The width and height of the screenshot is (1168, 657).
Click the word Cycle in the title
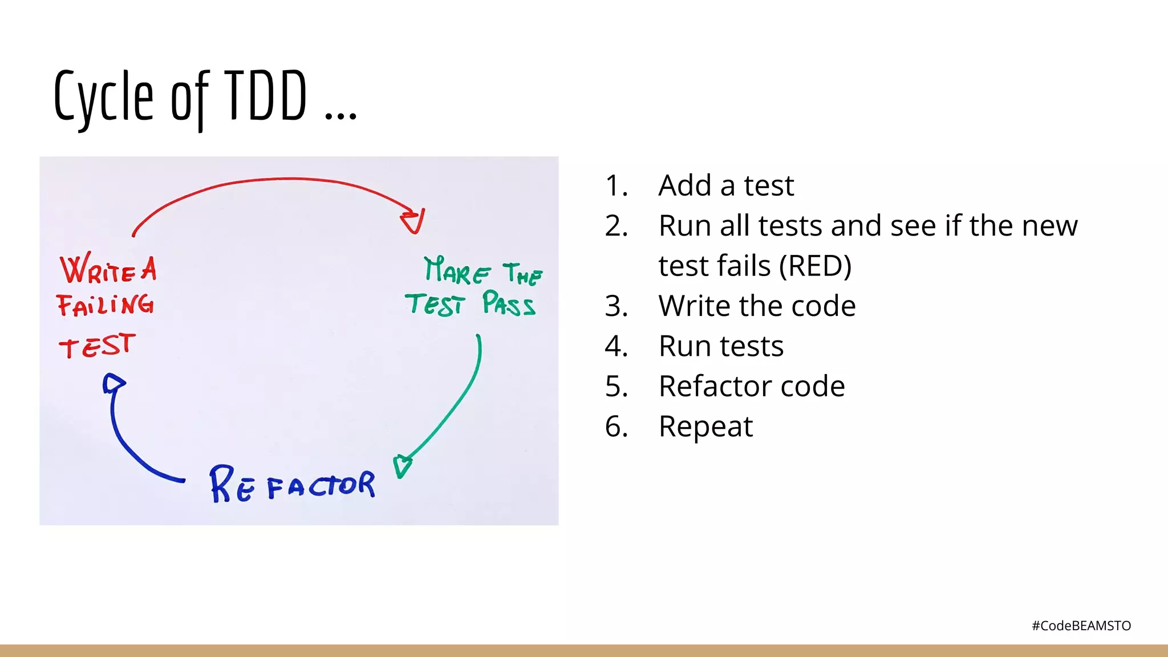[x=104, y=97]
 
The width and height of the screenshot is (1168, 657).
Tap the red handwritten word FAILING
[x=105, y=305]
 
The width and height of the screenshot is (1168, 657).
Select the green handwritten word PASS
[x=509, y=303]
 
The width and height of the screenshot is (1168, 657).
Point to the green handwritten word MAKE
[x=457, y=270]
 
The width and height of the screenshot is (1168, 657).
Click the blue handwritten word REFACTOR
[x=293, y=485]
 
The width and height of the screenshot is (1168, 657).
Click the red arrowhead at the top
[x=413, y=221]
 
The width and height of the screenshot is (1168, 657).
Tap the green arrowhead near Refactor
[x=403, y=465]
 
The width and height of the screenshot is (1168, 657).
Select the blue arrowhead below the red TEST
[x=113, y=383]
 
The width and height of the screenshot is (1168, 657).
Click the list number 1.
[x=616, y=185]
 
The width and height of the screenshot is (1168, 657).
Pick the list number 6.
[x=616, y=426]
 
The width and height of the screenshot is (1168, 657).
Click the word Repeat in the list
[x=705, y=426]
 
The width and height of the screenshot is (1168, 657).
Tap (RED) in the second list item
[x=816, y=266]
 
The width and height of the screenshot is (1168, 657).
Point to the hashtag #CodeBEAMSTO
[x=1081, y=626]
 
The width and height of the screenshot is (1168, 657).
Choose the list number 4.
[x=616, y=346]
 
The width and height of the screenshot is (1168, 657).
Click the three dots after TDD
[x=341, y=116]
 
